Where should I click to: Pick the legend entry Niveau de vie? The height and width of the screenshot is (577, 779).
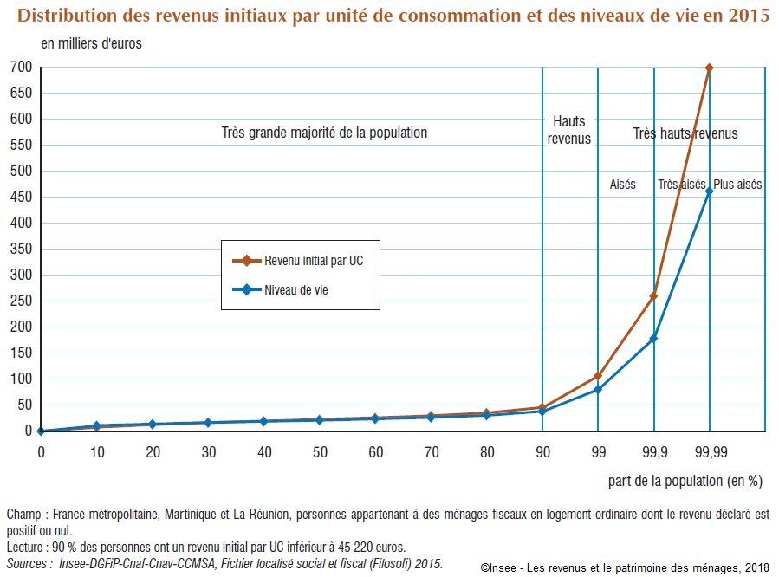[295, 291]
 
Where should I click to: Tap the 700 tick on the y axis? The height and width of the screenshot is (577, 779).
[22, 68]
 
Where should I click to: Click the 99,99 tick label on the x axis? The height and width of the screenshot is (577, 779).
[709, 452]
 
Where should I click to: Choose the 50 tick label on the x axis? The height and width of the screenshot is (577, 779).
[320, 452]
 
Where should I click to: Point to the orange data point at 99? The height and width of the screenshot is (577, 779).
[598, 376]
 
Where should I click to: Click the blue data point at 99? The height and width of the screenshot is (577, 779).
[598, 390]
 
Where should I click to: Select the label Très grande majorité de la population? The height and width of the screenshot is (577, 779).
[324, 133]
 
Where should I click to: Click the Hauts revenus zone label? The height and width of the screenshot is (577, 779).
[569, 130]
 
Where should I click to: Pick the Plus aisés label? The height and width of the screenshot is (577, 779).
[737, 185]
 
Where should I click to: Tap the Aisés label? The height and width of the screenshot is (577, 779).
[622, 185]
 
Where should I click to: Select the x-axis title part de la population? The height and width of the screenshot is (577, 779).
[679, 479]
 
